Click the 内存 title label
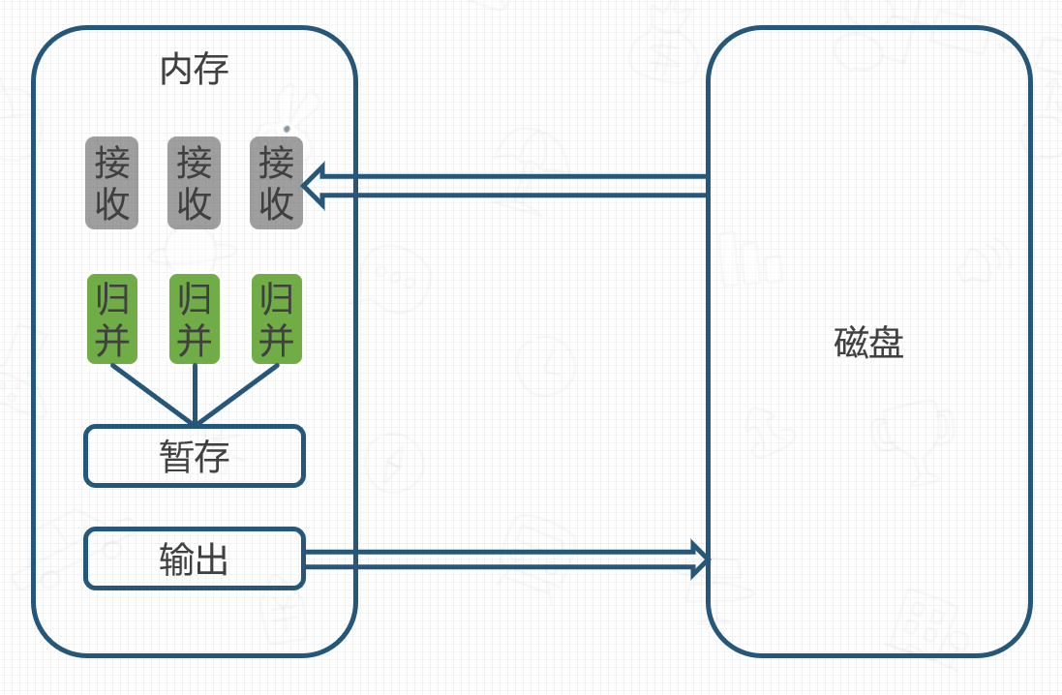tap(195, 70)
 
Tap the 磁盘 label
tap(868, 343)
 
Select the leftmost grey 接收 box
tap(112, 183)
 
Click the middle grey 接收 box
tap(195, 183)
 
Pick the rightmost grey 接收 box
tap(276, 183)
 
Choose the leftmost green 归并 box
tap(112, 319)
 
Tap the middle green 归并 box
tap(195, 319)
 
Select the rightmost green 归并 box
tap(276, 319)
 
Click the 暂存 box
tap(195, 456)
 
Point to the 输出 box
tap(195, 559)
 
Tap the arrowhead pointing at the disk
tap(701, 559)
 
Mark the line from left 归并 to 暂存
tap(153, 394)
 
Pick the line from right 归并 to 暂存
tap(236, 394)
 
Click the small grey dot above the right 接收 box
tap(287, 129)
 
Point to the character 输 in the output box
tap(177, 559)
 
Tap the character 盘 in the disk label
tap(886, 343)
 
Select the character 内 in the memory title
tap(177, 70)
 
